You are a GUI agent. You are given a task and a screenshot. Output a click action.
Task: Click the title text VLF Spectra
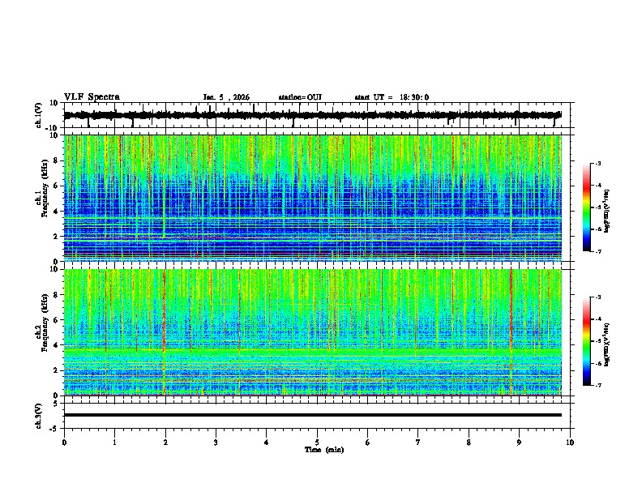coord(92,97)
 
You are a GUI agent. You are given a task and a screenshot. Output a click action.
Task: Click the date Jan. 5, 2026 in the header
coord(226,97)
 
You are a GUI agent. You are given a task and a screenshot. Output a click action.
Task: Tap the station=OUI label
coord(300,97)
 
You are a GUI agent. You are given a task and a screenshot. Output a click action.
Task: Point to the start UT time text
coord(392,97)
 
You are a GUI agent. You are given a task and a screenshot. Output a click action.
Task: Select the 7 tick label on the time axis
coord(418,442)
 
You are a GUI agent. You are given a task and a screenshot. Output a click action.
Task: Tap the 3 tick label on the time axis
coord(216,442)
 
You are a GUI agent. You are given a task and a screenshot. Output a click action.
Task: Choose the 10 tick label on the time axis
coord(570,442)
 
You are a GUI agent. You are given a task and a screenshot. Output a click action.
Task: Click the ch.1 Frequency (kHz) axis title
coord(43,199)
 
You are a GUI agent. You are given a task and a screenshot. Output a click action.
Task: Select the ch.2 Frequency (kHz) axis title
coord(43,332)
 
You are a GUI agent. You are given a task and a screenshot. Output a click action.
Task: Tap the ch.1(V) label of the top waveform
coord(41,115)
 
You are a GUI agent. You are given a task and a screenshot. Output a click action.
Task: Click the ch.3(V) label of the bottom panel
coord(41,415)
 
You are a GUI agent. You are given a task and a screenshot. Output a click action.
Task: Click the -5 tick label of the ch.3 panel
coord(54,427)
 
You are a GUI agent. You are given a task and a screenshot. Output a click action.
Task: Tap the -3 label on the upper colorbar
coord(598,164)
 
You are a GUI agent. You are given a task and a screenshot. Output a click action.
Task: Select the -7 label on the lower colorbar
coord(598,386)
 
